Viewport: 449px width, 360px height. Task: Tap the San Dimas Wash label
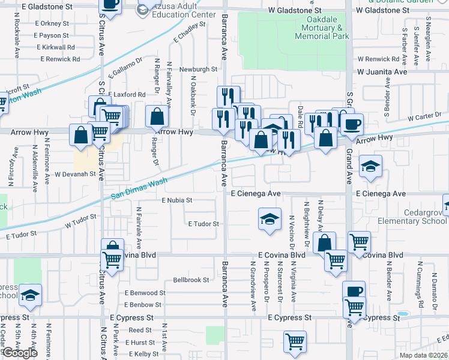click(x=139, y=189)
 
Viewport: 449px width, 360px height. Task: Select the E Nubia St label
click(x=176, y=200)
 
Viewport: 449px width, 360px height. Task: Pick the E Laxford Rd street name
click(x=126, y=95)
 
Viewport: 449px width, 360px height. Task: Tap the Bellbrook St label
click(x=191, y=280)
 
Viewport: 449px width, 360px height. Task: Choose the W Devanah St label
click(x=76, y=175)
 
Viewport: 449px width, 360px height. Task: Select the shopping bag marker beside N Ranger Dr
click(x=157, y=116)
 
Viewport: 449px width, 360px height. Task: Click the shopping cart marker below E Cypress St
click(x=295, y=342)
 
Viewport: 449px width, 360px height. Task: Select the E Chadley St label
click(x=189, y=34)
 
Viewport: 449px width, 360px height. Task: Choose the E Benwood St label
click(x=145, y=293)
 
